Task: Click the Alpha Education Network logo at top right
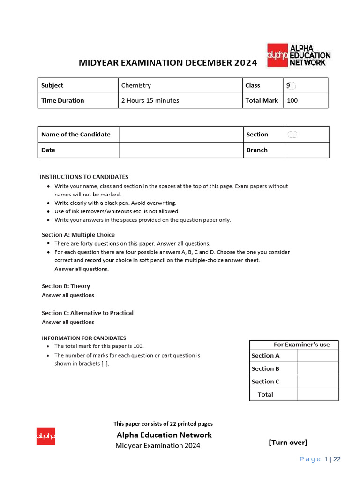299,55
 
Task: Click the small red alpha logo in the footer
46,436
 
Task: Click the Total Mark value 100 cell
306,100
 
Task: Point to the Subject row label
78,85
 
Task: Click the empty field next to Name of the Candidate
180,134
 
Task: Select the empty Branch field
307,150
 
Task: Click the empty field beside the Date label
180,150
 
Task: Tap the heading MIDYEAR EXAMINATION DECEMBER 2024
168,62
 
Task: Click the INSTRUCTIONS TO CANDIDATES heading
84,177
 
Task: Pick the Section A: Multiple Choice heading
78,235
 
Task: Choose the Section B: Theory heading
66,286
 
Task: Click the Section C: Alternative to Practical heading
88,313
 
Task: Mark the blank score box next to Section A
318,356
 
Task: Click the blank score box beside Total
318,394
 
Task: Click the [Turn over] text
288,442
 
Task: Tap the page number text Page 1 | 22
320,459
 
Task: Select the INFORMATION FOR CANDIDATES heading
84,338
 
